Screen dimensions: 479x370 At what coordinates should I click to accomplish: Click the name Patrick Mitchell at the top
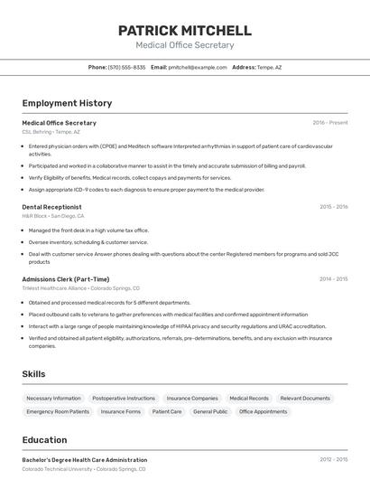pyautogui.click(x=184, y=31)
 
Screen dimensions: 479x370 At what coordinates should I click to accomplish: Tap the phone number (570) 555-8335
pyautogui.click(x=126, y=67)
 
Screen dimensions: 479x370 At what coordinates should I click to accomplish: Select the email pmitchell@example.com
pyautogui.click(x=198, y=67)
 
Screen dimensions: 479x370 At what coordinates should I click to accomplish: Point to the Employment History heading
pyautogui.click(x=67, y=103)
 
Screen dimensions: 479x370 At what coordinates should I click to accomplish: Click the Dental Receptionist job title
pyautogui.click(x=51, y=207)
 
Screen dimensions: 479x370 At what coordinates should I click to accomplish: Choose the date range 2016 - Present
pyautogui.click(x=329, y=123)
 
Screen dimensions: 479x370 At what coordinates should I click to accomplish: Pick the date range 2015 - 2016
pyautogui.click(x=333, y=207)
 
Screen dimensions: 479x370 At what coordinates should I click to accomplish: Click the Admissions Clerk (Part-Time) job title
pyautogui.click(x=65, y=279)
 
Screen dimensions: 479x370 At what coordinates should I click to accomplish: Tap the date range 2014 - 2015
pyautogui.click(x=333, y=279)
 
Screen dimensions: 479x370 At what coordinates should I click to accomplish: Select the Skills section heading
pyautogui.click(x=34, y=373)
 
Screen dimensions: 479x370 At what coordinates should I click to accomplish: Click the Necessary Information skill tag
pyautogui.click(x=53, y=398)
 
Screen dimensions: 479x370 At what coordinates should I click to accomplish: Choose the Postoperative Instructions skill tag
pyautogui.click(x=124, y=398)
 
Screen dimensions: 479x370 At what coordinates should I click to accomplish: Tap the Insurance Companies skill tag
pyautogui.click(x=192, y=398)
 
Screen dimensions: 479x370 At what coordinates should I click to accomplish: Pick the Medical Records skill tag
pyautogui.click(x=249, y=398)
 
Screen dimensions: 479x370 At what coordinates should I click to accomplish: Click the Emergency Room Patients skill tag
pyautogui.click(x=58, y=411)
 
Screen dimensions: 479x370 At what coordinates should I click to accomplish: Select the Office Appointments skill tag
pyautogui.click(x=264, y=411)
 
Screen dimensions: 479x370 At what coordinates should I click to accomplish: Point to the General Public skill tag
pyautogui.click(x=210, y=411)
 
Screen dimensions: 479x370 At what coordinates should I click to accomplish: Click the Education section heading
pyautogui.click(x=44, y=440)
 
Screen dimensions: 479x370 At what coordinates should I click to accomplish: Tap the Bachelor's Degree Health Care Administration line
pyautogui.click(x=84, y=460)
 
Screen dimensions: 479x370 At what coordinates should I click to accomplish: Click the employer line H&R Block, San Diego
pyautogui.click(x=53, y=216)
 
